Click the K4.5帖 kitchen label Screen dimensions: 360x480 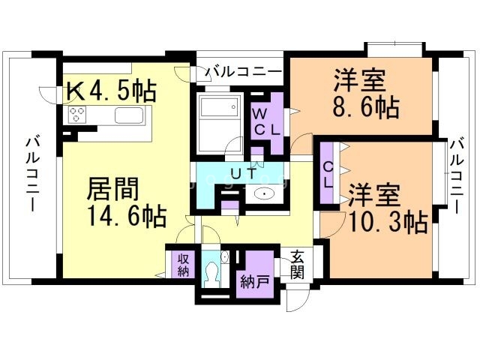pyautogui.click(x=112, y=91)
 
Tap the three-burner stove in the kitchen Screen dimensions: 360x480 pyautogui.click(x=78, y=115)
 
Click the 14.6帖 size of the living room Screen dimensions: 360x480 pyautogui.click(x=127, y=217)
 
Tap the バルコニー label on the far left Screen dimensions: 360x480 pyautogui.click(x=31, y=172)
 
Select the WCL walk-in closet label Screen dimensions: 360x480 pyautogui.click(x=266, y=121)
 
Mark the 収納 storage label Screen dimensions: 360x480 pyautogui.click(x=183, y=264)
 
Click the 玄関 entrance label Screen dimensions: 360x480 pyautogui.click(x=297, y=265)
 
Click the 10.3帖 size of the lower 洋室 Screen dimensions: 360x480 pyautogui.click(x=388, y=221)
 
